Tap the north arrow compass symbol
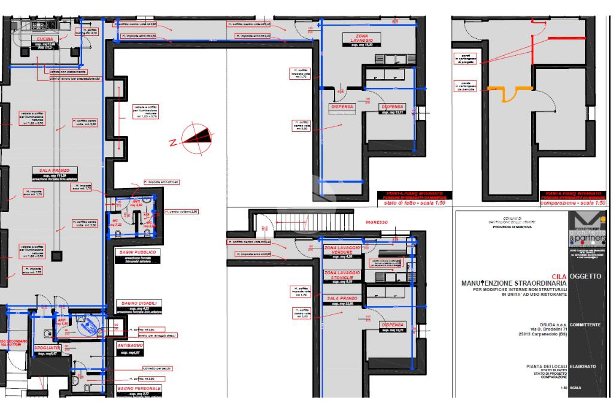click(195, 137)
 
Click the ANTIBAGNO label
click(129, 346)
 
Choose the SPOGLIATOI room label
click(47, 347)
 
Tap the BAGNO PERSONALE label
click(139, 389)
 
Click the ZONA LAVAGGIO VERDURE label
click(342, 250)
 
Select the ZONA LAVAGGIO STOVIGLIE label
click(342, 275)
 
